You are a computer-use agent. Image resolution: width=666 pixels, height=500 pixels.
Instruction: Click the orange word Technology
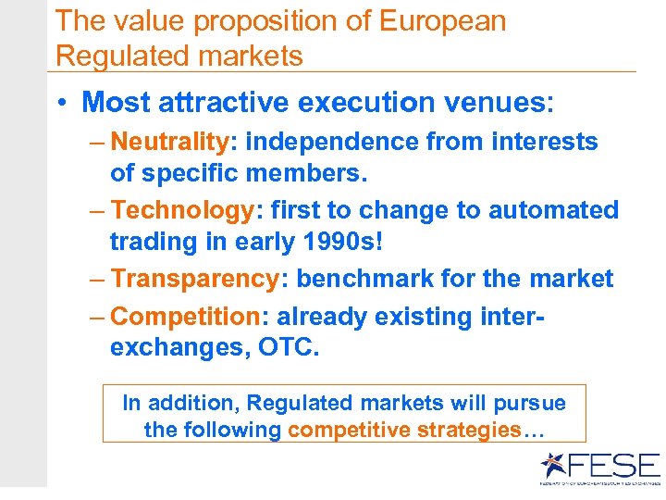pyautogui.click(x=181, y=210)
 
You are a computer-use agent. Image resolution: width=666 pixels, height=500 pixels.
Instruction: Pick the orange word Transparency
pyautogui.click(x=194, y=279)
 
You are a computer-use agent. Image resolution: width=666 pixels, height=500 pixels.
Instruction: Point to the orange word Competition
pyautogui.click(x=185, y=317)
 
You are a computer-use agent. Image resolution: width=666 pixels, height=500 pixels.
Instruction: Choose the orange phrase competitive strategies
pyautogui.click(x=405, y=430)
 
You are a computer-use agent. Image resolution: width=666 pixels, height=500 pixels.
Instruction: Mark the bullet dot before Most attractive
pyautogui.click(x=63, y=103)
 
